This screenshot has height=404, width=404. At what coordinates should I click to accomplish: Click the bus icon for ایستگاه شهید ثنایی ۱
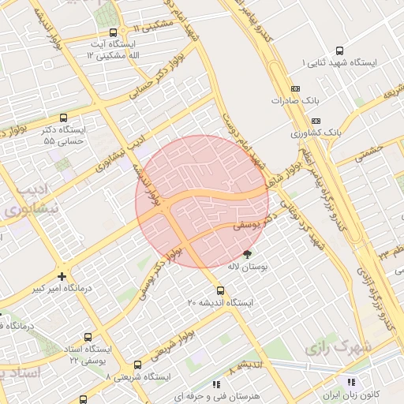pyautogui.click(x=340, y=49)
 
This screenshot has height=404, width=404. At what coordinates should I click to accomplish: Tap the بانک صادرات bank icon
pyautogui.click(x=295, y=89)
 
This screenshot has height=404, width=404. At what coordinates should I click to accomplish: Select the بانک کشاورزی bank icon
pyautogui.click(x=316, y=121)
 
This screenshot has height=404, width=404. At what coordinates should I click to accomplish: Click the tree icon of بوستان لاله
pyautogui.click(x=248, y=254)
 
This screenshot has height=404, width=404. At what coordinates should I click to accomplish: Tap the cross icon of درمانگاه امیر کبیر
pyautogui.click(x=62, y=276)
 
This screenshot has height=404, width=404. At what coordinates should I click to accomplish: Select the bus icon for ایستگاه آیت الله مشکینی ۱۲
pyautogui.click(x=114, y=33)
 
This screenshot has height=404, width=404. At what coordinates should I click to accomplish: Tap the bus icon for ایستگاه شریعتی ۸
pyautogui.click(x=138, y=365)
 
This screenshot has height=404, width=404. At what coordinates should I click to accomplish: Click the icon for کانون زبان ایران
pyautogui.click(x=350, y=383)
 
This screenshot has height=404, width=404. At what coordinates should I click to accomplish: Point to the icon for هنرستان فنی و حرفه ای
pyautogui.click(x=215, y=384)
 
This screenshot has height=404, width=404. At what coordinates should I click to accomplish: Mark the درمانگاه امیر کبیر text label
pyautogui.click(x=60, y=289)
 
